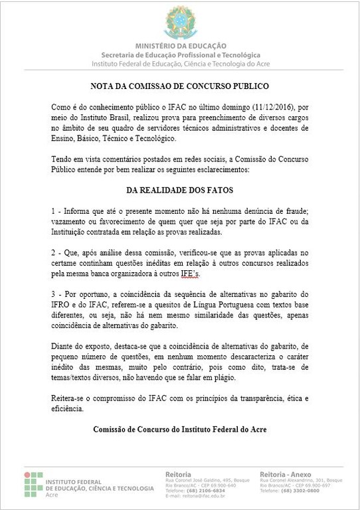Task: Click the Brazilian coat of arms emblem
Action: (x=180, y=23)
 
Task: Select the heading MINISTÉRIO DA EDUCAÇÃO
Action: (x=180, y=45)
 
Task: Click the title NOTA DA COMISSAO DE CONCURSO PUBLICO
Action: (x=180, y=86)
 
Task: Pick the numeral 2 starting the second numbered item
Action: (x=53, y=253)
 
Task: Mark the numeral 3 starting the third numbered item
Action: (x=53, y=294)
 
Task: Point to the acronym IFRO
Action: (x=62, y=305)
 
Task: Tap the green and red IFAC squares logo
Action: (x=33, y=484)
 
